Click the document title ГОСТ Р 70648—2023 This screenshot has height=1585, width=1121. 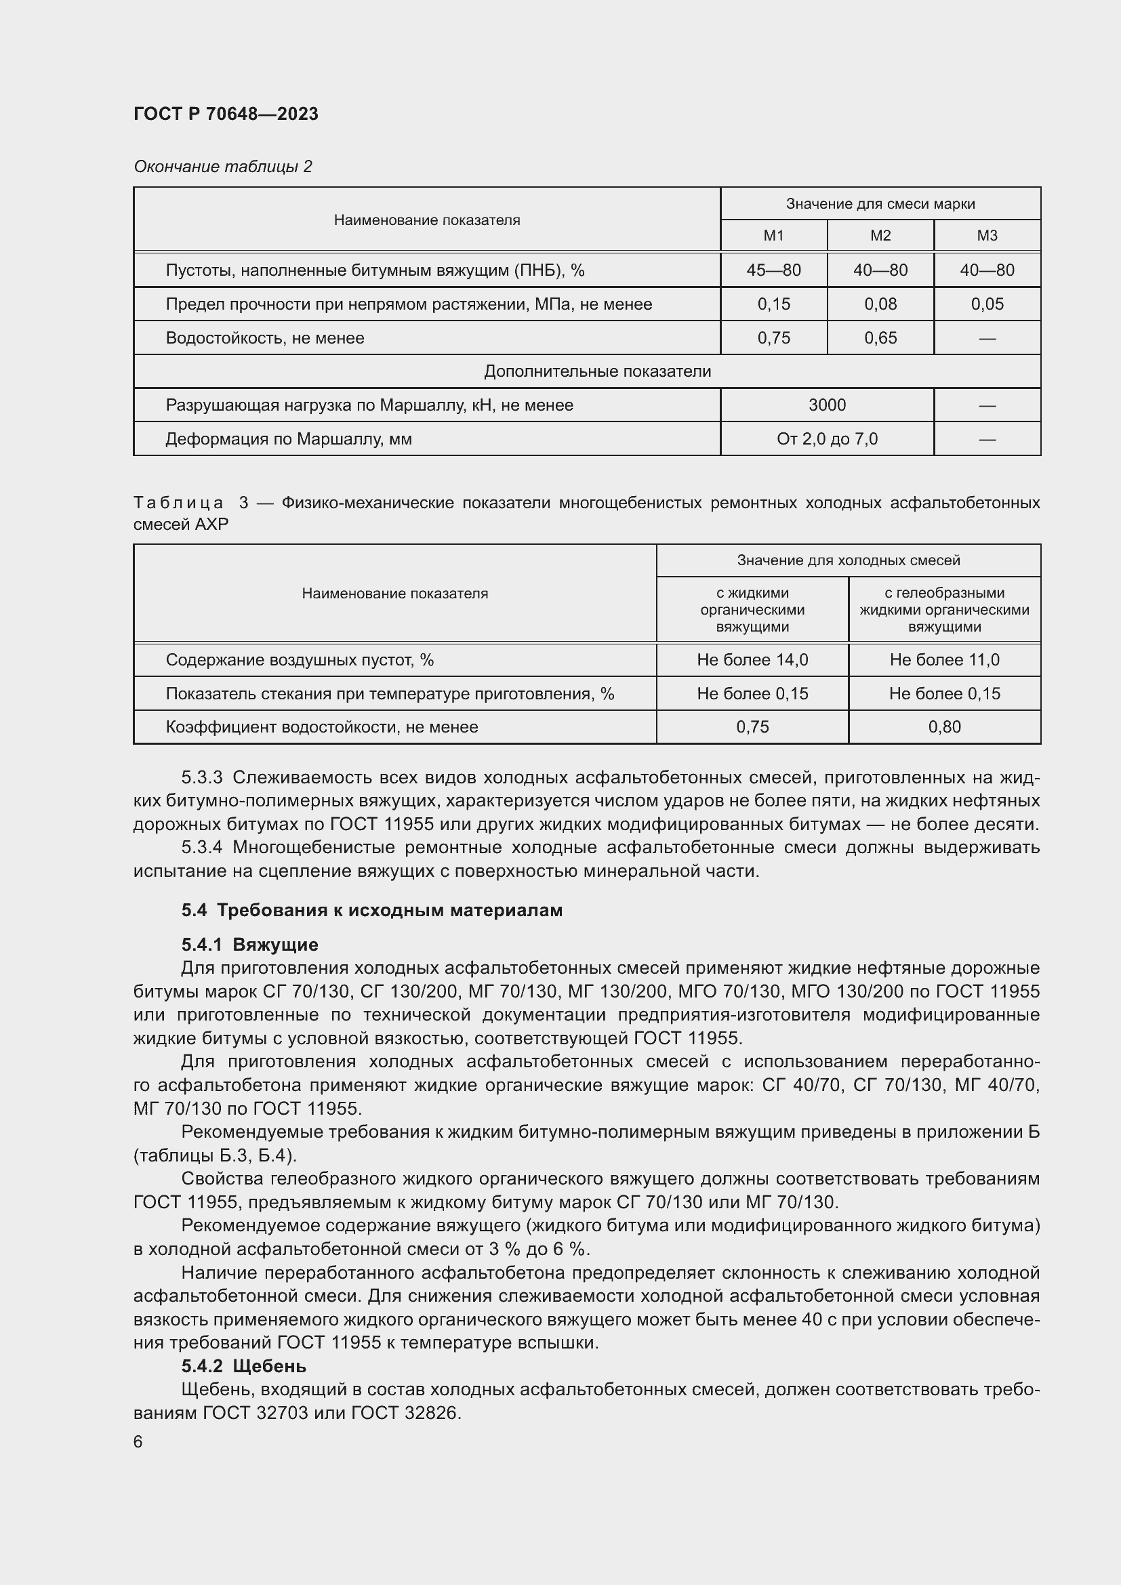(226, 114)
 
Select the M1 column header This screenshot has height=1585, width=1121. (773, 236)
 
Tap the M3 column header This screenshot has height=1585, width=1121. (986, 236)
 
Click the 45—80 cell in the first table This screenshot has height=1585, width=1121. (773, 270)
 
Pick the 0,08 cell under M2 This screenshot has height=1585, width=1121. (880, 304)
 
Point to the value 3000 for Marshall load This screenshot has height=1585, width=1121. (826, 405)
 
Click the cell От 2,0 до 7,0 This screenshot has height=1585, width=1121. (826, 439)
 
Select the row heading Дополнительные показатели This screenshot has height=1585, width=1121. (597, 371)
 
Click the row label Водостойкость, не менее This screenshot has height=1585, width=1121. (264, 338)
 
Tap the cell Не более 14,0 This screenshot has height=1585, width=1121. (752, 660)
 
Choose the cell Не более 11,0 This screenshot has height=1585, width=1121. (943, 660)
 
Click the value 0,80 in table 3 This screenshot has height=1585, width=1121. (943, 727)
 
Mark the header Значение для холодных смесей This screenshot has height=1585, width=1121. (848, 560)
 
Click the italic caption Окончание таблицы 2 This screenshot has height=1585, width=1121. (222, 167)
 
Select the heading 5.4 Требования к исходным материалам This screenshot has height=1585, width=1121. (371, 911)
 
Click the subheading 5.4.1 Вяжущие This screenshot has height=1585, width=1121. (249, 945)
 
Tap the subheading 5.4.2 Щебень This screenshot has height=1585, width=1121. (244, 1366)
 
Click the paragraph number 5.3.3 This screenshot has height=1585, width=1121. (201, 778)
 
